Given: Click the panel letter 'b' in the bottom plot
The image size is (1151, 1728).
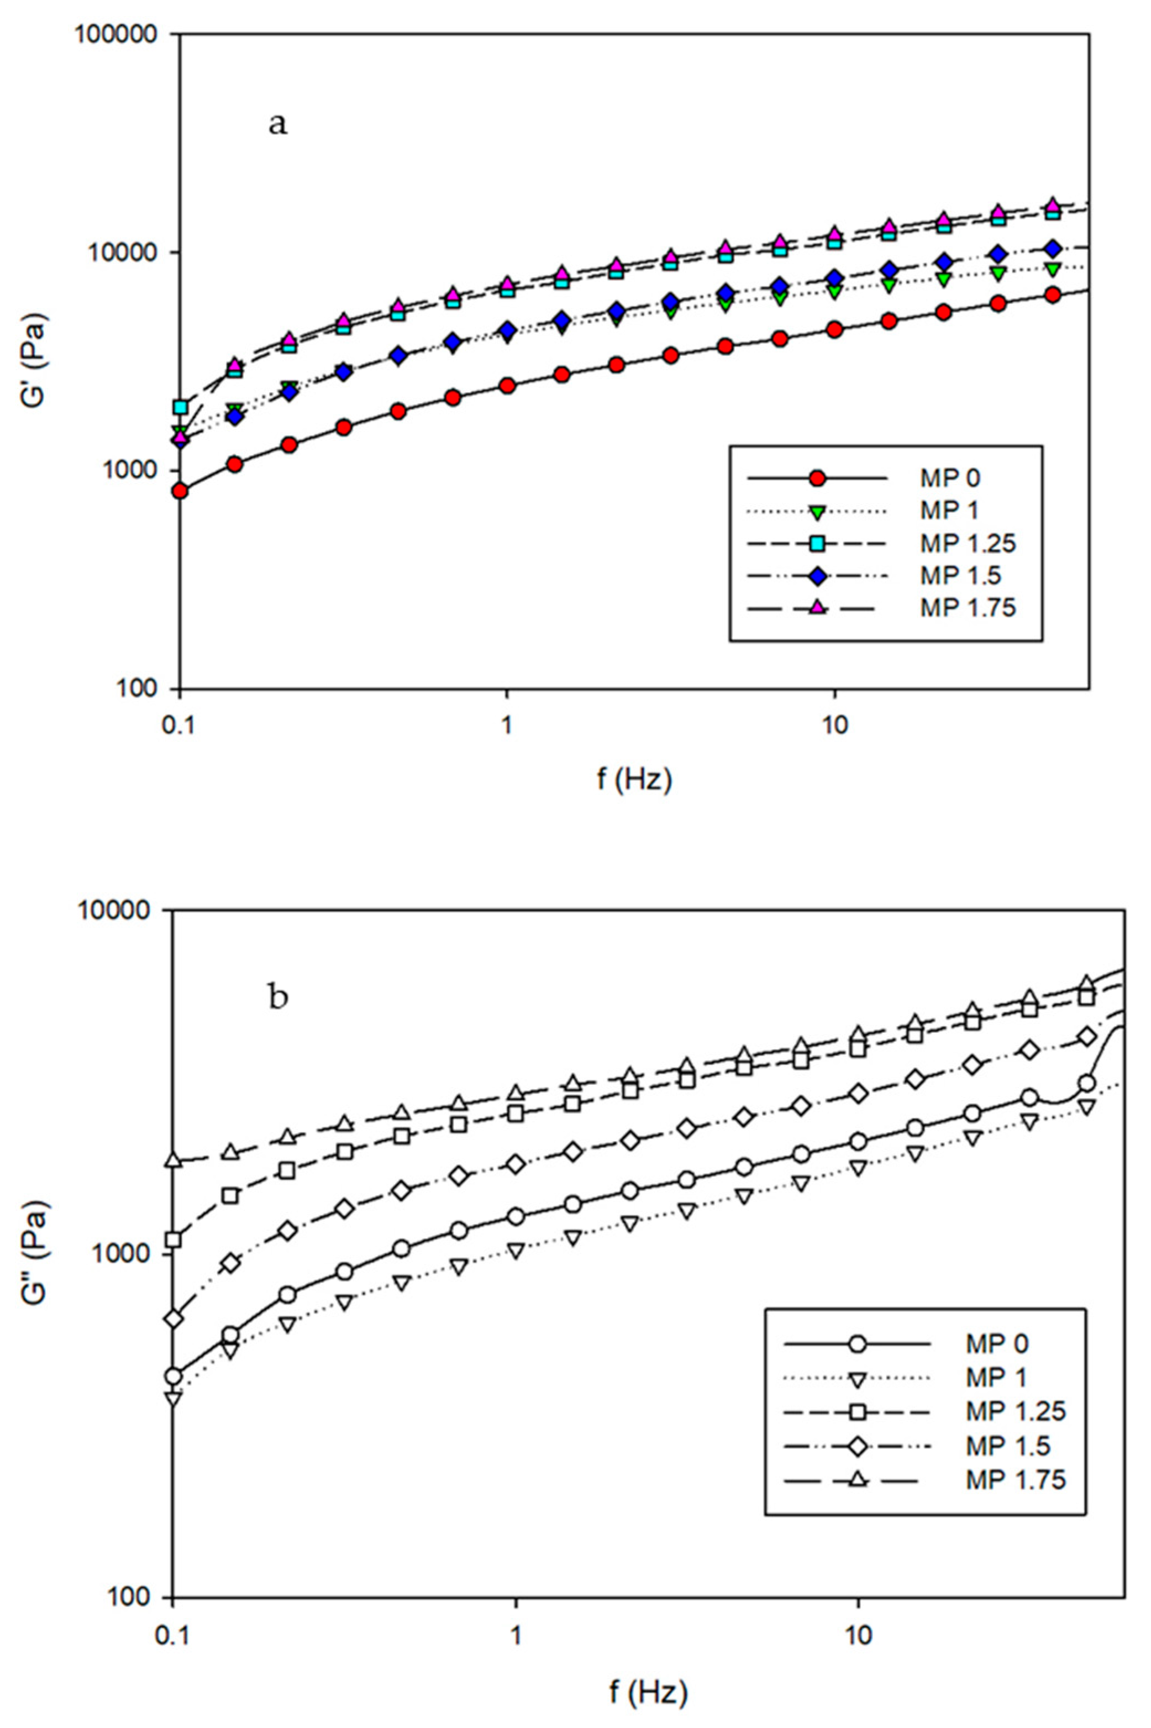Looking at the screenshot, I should [x=278, y=997].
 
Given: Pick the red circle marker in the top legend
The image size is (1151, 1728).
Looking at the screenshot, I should [x=817, y=479].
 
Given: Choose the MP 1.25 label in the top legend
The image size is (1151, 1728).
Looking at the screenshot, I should [x=968, y=543].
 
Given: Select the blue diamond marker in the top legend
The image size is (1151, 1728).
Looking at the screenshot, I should [x=817, y=575].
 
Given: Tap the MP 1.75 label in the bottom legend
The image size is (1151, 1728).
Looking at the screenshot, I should [x=1015, y=1480].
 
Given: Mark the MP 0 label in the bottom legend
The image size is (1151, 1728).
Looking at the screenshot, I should [x=997, y=1343].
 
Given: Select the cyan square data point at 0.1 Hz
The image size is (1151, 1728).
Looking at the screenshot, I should [x=180, y=407].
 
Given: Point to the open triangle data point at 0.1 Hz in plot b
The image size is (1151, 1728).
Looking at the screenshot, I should [x=174, y=1160].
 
